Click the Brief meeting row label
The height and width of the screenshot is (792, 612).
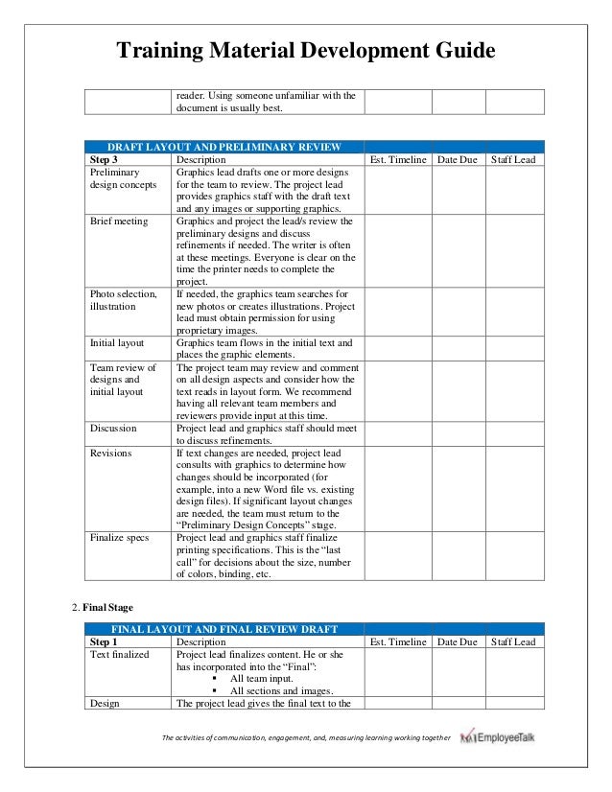point(119,221)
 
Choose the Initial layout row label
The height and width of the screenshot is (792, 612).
point(118,342)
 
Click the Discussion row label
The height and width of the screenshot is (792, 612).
point(113,429)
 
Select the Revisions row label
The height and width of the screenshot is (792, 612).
point(111,454)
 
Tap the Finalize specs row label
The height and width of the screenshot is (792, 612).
point(119,538)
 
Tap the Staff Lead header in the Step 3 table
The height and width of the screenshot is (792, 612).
point(514,159)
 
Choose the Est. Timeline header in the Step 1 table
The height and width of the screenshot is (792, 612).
point(397,642)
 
